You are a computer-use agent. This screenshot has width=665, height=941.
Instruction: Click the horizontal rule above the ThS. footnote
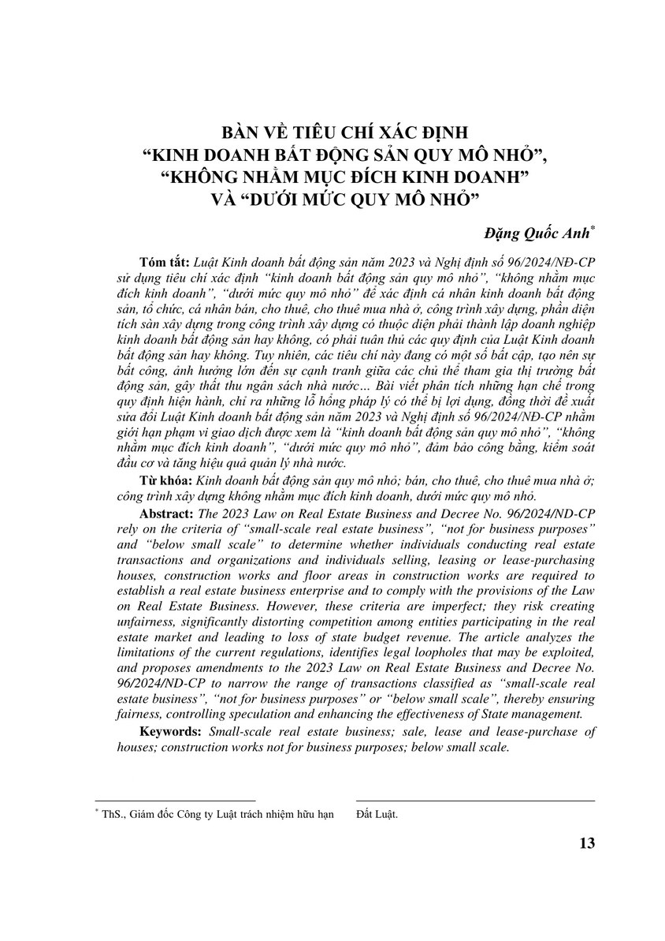[x=174, y=801]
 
